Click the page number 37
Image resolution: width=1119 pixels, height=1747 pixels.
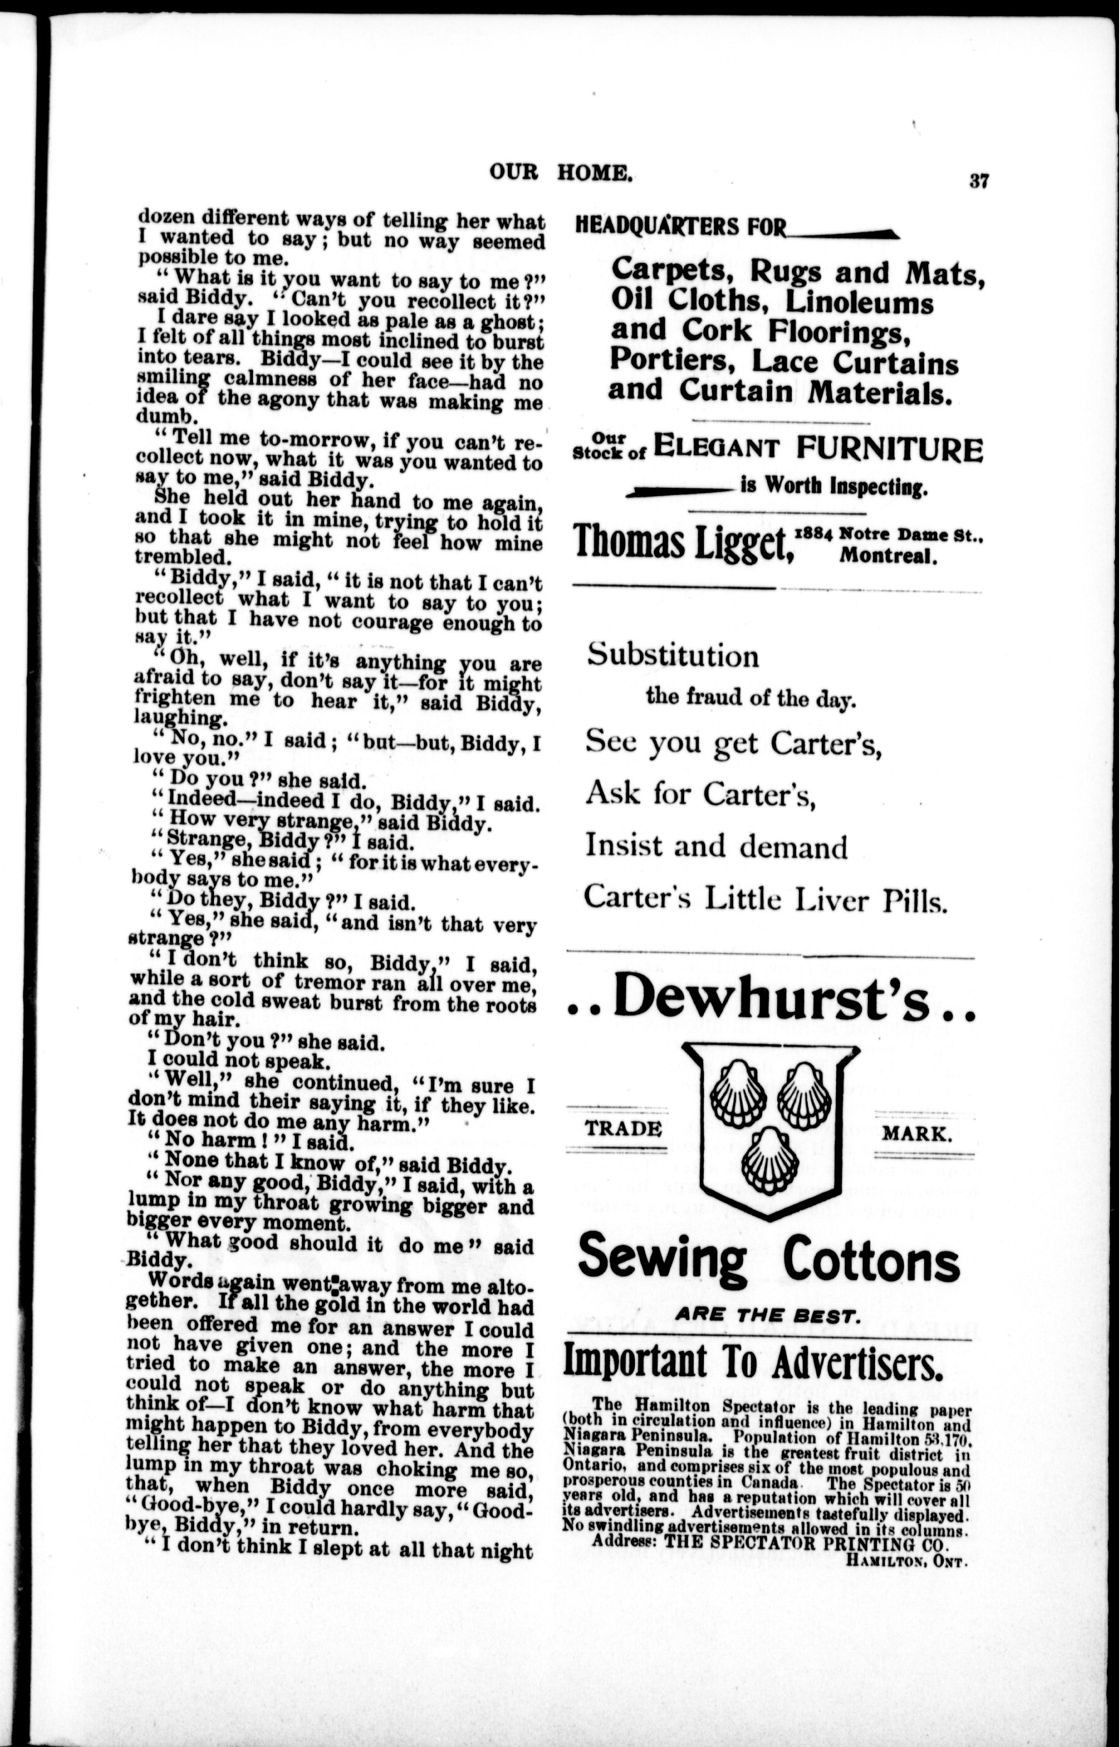pos(978,181)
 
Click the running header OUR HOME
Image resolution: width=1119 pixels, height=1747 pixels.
pos(560,172)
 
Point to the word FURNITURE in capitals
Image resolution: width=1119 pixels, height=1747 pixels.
pos(888,449)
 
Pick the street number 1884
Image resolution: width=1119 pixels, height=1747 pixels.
pos(813,533)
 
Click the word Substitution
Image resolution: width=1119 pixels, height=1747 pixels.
pos(673,656)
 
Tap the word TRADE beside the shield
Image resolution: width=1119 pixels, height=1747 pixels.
pos(623,1129)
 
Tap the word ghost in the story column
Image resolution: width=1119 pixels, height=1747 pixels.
pos(508,321)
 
